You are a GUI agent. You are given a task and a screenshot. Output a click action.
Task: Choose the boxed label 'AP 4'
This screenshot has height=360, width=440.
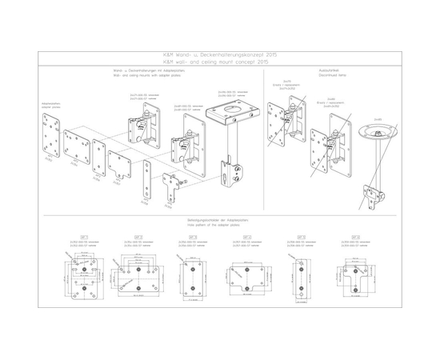[247, 237]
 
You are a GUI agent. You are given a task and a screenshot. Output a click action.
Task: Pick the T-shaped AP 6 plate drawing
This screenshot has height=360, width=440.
[354, 274]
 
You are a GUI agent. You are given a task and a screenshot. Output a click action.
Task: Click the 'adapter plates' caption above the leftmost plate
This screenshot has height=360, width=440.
[51, 106]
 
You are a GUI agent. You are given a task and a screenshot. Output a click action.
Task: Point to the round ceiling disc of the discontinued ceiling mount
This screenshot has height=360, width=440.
[378, 129]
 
